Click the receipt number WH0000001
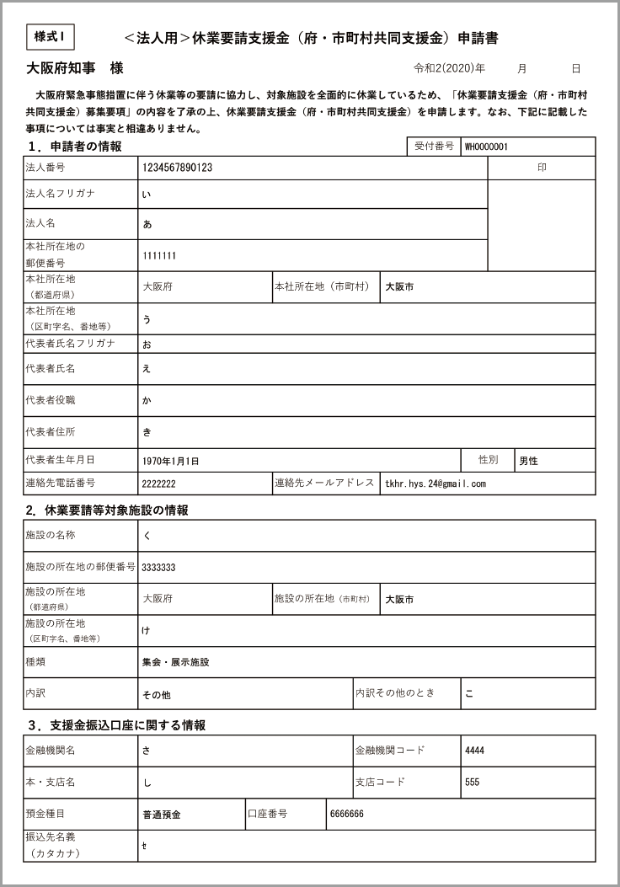point(486,147)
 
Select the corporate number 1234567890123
point(177,168)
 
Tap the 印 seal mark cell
point(542,168)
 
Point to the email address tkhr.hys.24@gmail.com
point(435,484)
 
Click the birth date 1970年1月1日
point(171,461)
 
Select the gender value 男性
point(528,461)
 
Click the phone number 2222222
point(158,484)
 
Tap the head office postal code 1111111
point(159,255)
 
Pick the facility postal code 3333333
point(158,567)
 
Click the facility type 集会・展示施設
point(175,662)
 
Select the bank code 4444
point(474,751)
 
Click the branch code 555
point(472,782)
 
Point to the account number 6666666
point(346,815)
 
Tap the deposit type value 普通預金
point(162,815)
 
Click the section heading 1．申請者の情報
point(76,147)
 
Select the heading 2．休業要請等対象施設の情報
point(107,510)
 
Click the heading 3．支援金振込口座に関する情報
point(116,724)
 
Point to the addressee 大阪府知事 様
point(75,68)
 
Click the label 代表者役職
point(51,399)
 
